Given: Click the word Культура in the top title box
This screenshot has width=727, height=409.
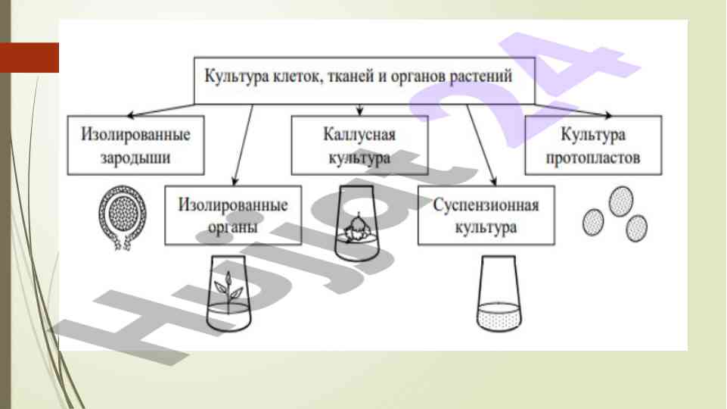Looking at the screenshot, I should tap(232, 76).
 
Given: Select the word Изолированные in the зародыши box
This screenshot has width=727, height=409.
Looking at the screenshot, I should tap(136, 135).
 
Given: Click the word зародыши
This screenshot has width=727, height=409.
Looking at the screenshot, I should tap(136, 158).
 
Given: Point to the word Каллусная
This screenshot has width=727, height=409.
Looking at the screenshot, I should tap(359, 135).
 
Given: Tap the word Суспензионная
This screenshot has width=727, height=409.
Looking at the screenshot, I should tap(486, 205).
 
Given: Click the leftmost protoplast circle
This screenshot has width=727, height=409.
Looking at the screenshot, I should tap(592, 223).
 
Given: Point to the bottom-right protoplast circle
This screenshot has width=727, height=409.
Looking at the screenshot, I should tap(637, 227).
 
